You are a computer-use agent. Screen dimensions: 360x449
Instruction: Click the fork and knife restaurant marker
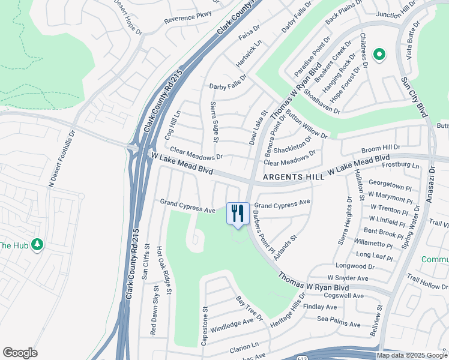238,213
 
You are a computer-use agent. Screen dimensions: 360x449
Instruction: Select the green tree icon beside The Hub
37,244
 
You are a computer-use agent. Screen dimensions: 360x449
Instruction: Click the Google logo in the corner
20,353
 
